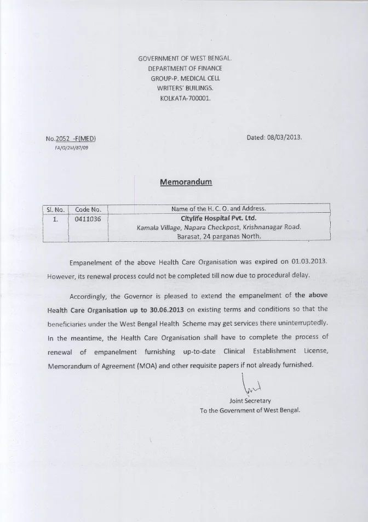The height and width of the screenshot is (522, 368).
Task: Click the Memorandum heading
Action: click(185, 182)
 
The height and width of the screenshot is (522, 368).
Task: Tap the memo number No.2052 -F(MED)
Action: click(74, 139)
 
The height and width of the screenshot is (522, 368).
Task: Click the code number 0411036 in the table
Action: click(88, 218)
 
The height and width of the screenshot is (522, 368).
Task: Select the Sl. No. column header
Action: click(54, 209)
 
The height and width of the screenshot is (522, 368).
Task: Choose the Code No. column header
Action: click(88, 209)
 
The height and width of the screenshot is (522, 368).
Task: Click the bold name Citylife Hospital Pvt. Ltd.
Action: click(219, 218)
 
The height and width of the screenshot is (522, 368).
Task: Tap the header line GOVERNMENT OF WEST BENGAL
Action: click(185, 58)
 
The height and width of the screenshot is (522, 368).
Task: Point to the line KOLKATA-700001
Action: click(185, 98)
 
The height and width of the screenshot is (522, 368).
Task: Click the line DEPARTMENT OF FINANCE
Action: click(185, 68)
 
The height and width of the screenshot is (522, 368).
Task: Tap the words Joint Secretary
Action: click(250, 401)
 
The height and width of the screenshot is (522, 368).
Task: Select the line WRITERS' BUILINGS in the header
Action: click(185, 88)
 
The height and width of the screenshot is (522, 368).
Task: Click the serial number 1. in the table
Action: click(55, 218)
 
